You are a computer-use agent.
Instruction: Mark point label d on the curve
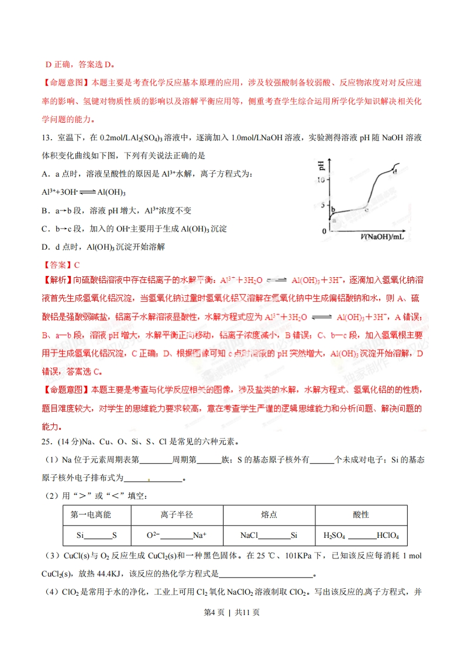(395, 171)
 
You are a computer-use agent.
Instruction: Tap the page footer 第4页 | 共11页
(232, 629)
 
